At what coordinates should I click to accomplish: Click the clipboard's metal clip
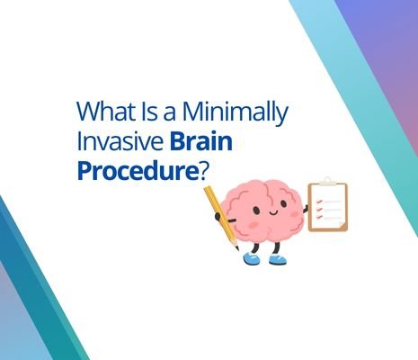[326, 181]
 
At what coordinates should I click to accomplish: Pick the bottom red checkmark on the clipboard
[316, 217]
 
